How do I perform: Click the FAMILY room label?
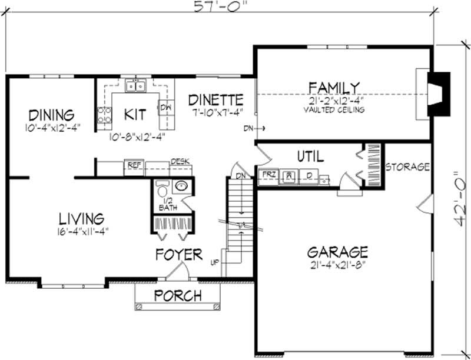333,88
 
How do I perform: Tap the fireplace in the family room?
436,94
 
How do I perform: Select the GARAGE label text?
337,252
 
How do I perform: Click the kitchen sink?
135,86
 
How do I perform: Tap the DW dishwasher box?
165,107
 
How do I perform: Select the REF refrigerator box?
134,166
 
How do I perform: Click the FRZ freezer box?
268,175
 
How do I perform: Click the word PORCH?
178,295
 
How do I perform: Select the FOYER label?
178,255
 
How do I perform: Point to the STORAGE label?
407,167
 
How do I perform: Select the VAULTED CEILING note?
334,109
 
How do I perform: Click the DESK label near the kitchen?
180,161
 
